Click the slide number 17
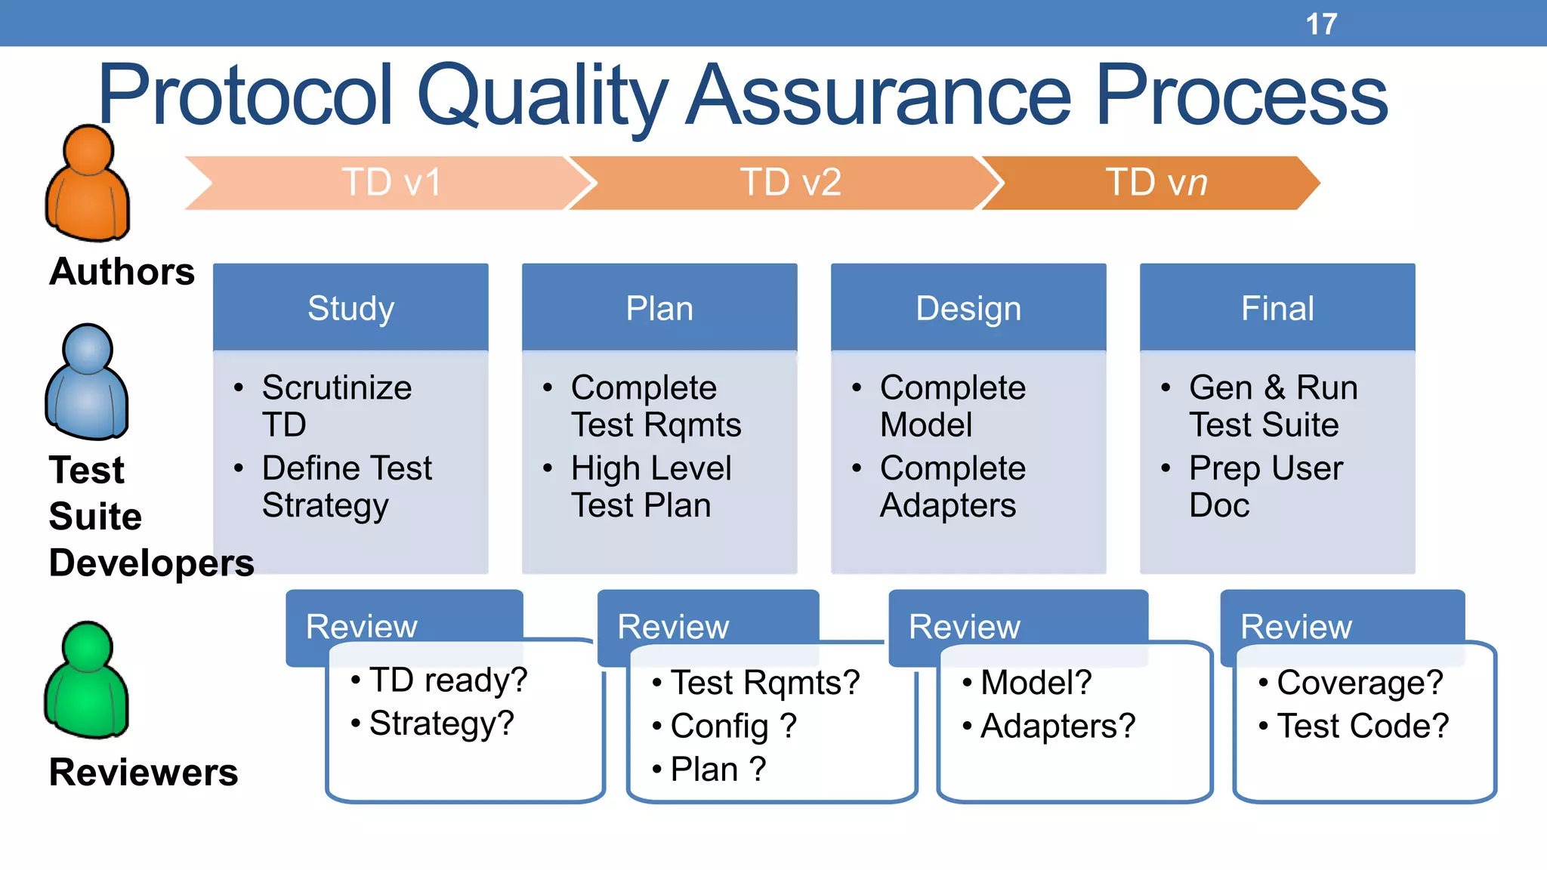pos(1321,24)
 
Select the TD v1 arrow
pos(391,183)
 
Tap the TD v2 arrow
pos(790,183)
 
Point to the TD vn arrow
pos(1156,183)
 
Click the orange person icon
pos(88,184)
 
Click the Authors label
pos(122,272)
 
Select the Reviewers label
pos(144,772)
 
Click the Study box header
pos(350,308)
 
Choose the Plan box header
pos(659,308)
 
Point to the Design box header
pos(968,308)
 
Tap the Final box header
pos(1277,308)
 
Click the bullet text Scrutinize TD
pos(336,406)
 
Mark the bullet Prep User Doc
pos(1265,486)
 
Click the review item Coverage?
pos(1359,683)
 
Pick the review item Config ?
pos(733,727)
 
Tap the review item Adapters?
pos(1058,727)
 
